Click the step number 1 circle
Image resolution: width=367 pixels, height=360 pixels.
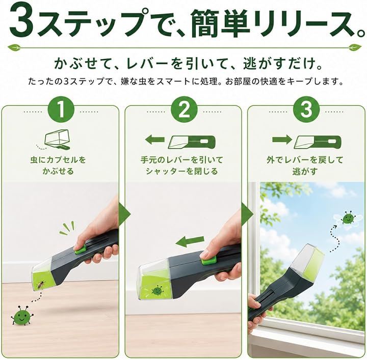click(61, 109)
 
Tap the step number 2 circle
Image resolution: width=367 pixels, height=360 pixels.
click(184, 109)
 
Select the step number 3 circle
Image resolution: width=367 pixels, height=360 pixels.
click(306, 109)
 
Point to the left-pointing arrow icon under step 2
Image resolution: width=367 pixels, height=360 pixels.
click(155, 140)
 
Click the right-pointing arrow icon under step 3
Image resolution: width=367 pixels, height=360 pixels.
click(282, 140)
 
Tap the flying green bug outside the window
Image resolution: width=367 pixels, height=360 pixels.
click(347, 218)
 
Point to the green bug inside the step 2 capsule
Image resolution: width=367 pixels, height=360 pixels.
click(156, 291)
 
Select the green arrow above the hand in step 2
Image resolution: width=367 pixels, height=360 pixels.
click(190, 241)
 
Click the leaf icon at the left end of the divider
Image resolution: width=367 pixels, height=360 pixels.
click(14, 48)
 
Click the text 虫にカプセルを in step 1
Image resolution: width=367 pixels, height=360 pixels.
click(58, 160)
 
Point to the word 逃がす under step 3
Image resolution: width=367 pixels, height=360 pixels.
click(305, 172)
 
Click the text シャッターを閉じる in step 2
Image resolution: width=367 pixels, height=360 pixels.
click(181, 172)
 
